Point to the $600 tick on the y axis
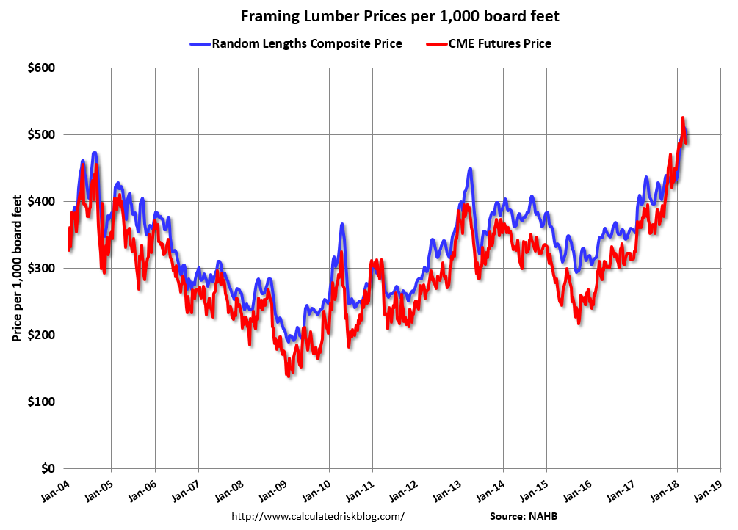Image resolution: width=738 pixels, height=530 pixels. click(41, 68)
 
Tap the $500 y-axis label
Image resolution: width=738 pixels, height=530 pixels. click(41, 135)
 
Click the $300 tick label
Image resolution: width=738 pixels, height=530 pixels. click(41, 269)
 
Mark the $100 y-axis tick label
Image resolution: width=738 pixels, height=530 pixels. click(41, 402)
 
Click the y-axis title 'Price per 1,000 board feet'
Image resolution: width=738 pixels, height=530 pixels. click(16, 269)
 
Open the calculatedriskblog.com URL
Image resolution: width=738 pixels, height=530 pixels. click(318, 516)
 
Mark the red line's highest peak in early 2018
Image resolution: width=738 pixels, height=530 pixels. click(683, 117)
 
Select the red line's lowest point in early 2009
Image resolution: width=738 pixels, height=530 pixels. click(288, 376)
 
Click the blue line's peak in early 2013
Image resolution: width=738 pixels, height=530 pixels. click(469, 168)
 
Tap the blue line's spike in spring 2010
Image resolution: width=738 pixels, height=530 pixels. click(342, 224)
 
